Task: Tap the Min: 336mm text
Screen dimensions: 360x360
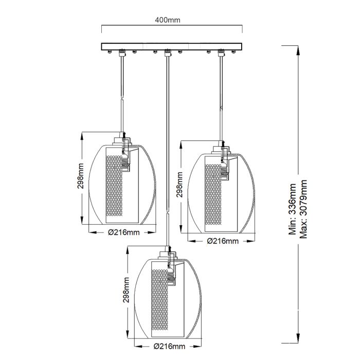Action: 293,216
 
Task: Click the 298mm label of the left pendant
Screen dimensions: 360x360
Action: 81,177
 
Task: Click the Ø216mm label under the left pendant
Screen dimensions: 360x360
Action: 124,232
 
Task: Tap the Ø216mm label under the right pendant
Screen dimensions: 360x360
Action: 222,241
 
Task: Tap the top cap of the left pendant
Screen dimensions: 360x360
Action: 123,139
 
